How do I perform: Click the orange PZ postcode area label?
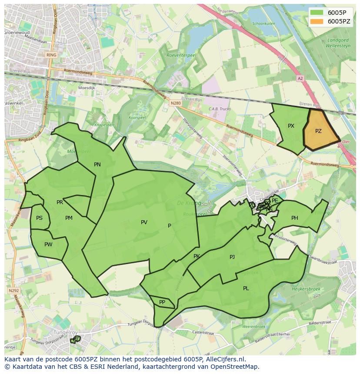click(x=318, y=131)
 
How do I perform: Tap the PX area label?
click(x=291, y=126)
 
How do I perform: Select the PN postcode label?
click(x=97, y=165)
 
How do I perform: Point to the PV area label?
click(x=144, y=222)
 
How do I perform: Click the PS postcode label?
click(x=40, y=218)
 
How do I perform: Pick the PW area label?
click(x=48, y=245)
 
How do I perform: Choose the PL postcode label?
click(x=246, y=288)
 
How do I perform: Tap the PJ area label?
click(x=232, y=257)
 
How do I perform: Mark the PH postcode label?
click(x=295, y=218)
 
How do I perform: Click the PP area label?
click(x=162, y=302)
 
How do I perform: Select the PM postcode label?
click(x=69, y=218)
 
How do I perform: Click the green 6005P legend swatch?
click(x=317, y=13)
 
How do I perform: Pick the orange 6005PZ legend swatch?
click(x=317, y=21)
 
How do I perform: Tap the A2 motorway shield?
click(x=300, y=79)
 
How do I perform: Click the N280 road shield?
click(x=176, y=103)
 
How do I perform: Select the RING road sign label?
click(x=51, y=55)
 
